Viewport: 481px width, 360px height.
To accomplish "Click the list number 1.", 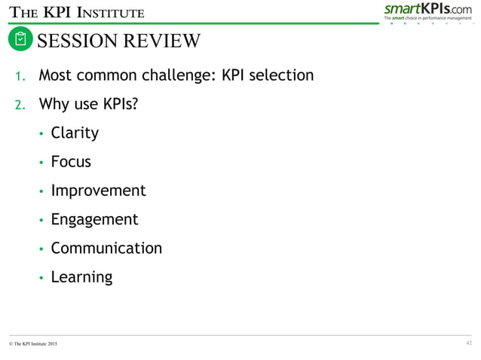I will click(22, 76).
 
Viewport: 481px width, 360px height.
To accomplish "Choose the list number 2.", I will click(22, 104).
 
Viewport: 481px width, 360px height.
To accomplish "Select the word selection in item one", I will click(279, 76).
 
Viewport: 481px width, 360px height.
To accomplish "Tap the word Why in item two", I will click(54, 104).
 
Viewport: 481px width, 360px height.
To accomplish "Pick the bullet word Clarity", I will click(75, 133).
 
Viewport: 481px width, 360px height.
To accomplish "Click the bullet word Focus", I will click(71, 162).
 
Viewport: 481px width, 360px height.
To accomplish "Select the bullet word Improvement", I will click(98, 191).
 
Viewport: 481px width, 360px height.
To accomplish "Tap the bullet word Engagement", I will click(94, 220).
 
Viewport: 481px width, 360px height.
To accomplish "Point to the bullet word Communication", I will click(106, 248).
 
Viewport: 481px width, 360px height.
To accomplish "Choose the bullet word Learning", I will click(81, 277).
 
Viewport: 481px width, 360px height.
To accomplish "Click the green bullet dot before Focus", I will click(41, 163).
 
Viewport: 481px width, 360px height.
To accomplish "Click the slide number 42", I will click(469, 343).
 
